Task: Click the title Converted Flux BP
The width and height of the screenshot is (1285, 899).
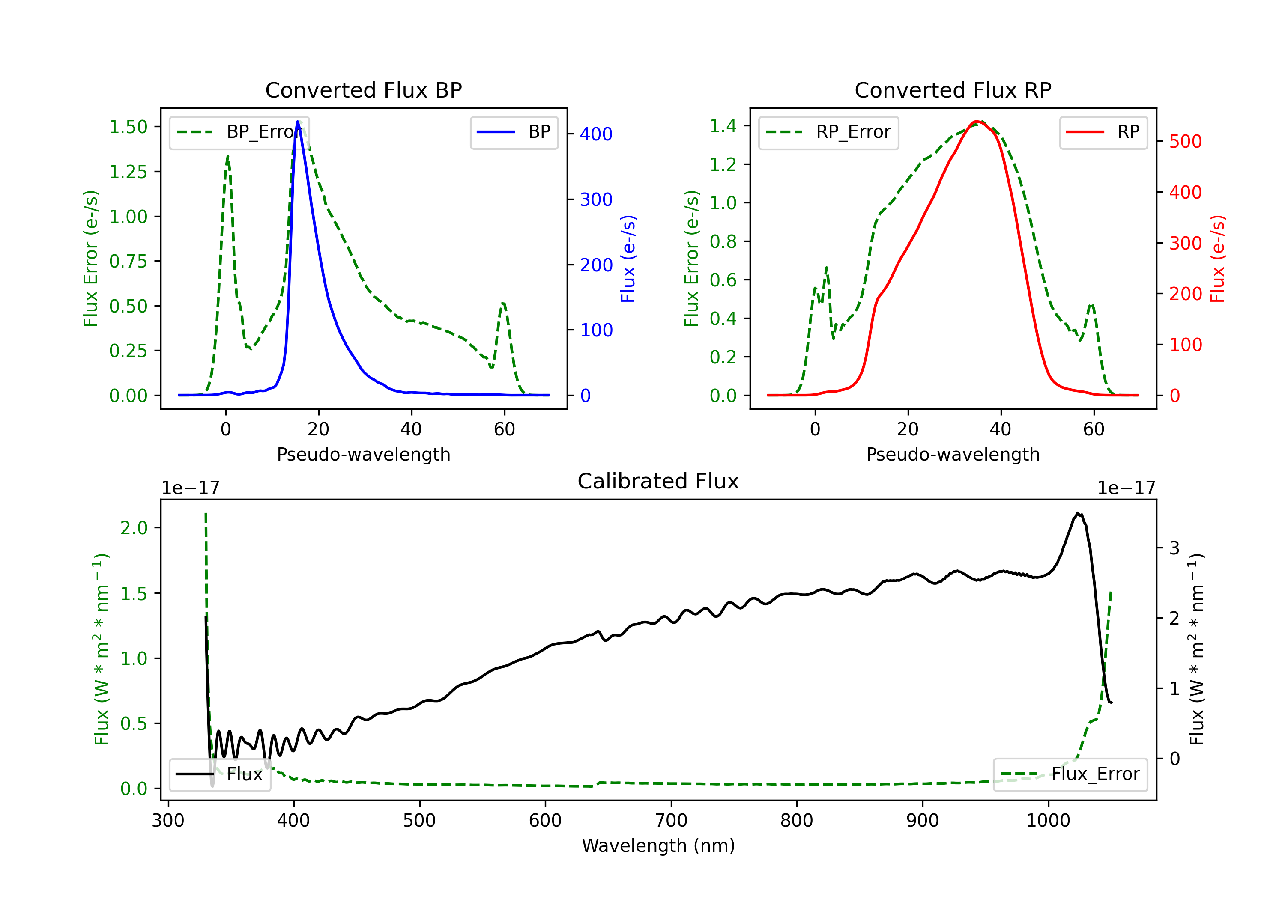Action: click(x=363, y=90)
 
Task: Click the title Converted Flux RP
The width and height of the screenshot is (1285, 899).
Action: click(x=953, y=90)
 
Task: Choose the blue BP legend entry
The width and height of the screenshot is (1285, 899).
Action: click(x=514, y=132)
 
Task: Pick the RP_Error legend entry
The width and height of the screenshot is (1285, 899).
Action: click(x=828, y=132)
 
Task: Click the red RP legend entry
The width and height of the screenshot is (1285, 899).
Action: click(x=1103, y=132)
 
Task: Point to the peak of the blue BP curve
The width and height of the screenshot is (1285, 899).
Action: click(x=298, y=122)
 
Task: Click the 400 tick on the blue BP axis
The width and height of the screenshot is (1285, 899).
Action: click(x=596, y=134)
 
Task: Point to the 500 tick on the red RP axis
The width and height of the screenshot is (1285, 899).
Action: click(x=1185, y=142)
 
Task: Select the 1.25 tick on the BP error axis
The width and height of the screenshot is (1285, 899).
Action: click(x=128, y=172)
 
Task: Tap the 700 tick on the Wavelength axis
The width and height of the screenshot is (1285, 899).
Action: click(x=670, y=820)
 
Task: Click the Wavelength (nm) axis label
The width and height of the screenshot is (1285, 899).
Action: click(x=658, y=845)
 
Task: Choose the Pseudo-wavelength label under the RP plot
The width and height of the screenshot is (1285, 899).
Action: click(x=953, y=454)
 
